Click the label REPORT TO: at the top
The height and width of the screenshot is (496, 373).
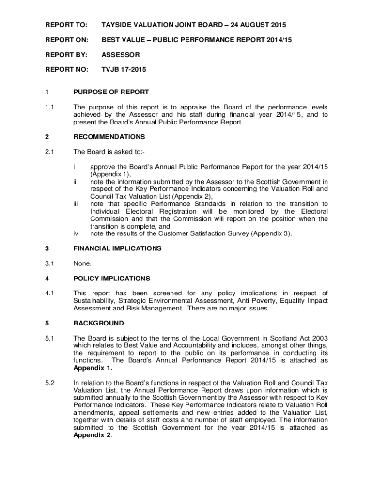tap(66, 24)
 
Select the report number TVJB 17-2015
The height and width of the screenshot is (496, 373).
tap(124, 70)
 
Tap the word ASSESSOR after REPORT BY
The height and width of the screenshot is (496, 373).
tap(120, 55)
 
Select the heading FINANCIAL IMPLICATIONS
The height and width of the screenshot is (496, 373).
tap(117, 248)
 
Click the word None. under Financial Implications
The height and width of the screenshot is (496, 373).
tap(82, 263)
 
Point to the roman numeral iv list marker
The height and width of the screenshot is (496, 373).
tap(76, 233)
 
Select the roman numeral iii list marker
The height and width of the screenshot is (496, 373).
tap(76, 204)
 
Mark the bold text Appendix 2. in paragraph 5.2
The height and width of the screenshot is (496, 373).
tap(92, 435)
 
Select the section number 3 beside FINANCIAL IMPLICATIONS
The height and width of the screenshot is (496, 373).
tap(47, 248)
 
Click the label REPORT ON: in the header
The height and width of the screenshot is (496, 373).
tap(66, 39)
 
